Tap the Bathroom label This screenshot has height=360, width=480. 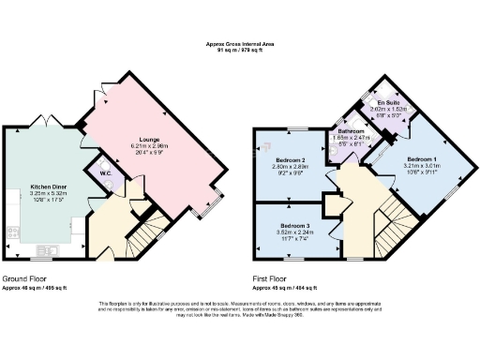point(352,132)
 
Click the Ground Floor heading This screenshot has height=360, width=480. point(26,279)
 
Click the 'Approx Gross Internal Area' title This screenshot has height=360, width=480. point(240,43)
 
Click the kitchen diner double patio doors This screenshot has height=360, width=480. point(43,123)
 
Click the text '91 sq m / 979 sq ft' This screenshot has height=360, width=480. point(240,50)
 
